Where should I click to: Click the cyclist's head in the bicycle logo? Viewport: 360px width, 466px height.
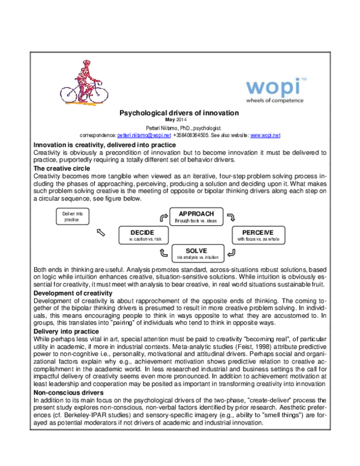click(x=87, y=62)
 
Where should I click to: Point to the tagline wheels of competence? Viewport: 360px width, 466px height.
click(x=274, y=100)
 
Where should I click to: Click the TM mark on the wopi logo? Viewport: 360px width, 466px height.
click(x=303, y=79)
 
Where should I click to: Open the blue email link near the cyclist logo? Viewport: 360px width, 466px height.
click(x=144, y=136)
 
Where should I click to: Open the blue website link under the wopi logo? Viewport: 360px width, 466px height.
click(x=265, y=136)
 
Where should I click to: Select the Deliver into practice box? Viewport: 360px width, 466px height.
click(x=72, y=217)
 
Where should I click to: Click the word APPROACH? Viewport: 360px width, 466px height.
click(x=196, y=214)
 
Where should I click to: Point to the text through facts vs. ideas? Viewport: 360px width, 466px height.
click(x=196, y=221)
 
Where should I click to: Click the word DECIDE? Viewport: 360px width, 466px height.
click(x=142, y=232)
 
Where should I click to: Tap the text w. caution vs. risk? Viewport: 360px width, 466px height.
click(x=142, y=240)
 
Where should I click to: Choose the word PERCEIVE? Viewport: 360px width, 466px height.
click(x=258, y=232)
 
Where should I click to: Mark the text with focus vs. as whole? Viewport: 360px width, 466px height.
click(x=258, y=240)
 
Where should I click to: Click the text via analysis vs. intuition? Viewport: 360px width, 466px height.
click(x=197, y=258)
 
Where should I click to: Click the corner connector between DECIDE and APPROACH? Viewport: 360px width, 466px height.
click(x=164, y=217)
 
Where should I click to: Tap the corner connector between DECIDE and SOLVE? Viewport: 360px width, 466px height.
click(x=164, y=253)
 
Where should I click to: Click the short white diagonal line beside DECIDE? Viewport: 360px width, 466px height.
click(x=101, y=232)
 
